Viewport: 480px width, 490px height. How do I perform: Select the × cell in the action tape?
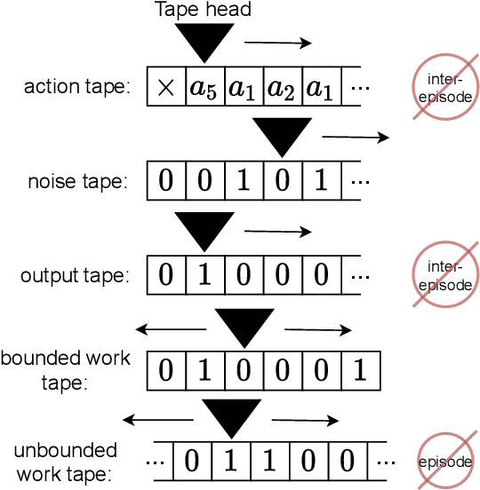(x=165, y=88)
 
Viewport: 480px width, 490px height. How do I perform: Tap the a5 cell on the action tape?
(x=204, y=88)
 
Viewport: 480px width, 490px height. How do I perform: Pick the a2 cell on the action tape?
(x=283, y=88)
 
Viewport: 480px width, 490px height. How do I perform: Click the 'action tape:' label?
(x=76, y=87)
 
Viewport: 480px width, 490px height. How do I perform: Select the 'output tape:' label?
(x=75, y=275)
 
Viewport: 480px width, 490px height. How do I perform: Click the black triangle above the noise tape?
(x=284, y=136)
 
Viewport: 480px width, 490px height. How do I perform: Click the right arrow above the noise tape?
(x=356, y=137)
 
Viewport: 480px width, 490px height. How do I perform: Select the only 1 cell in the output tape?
(x=204, y=275)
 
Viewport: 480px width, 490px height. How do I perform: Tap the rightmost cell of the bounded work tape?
(x=360, y=369)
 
